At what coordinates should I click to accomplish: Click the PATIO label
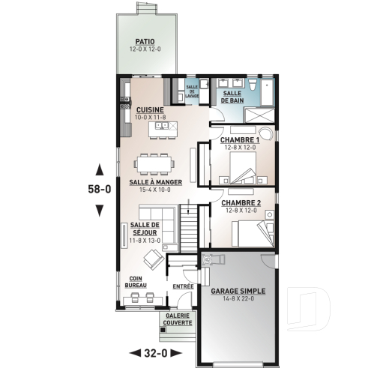(145, 42)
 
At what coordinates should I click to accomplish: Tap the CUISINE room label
(150, 109)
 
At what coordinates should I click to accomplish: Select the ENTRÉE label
(183, 286)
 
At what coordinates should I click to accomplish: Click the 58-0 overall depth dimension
(97, 190)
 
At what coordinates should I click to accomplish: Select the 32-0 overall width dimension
(156, 352)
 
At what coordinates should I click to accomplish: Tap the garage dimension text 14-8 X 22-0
(238, 299)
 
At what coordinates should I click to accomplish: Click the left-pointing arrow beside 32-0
(135, 352)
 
